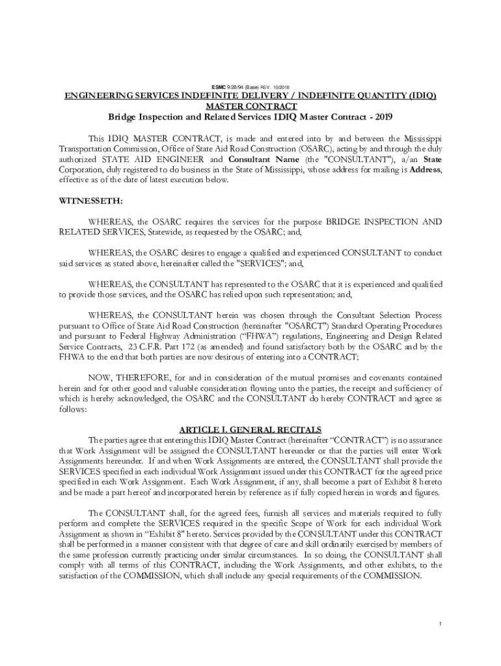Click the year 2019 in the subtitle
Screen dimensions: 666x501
[382, 117]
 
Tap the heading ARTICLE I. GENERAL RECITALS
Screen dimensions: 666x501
[250, 429]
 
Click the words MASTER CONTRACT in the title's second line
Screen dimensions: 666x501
[251, 106]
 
